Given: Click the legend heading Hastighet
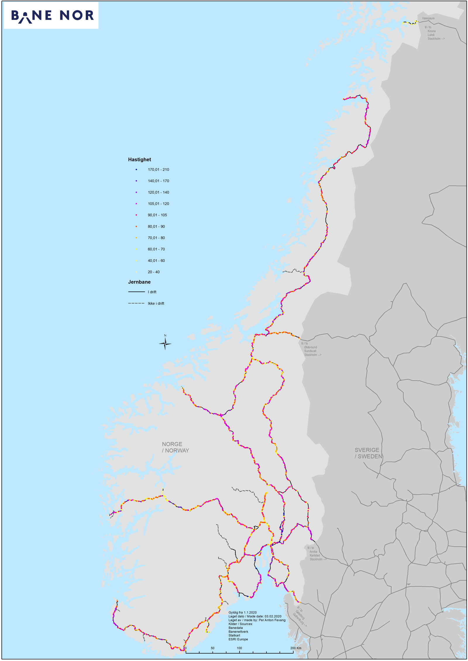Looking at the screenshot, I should (140, 160).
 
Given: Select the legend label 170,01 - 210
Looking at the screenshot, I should (158, 170).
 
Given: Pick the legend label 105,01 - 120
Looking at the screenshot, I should (158, 204).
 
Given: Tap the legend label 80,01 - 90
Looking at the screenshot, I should (156, 227).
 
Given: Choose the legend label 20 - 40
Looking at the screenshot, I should (154, 272).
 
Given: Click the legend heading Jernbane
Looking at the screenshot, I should (139, 282).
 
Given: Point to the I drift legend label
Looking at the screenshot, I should (152, 292).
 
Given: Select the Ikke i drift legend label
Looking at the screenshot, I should (156, 303).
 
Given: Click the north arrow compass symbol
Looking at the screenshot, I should (165, 343).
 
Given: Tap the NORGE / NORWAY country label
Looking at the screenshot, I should (175, 447).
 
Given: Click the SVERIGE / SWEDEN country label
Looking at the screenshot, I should (368, 453).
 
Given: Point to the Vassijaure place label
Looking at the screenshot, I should (428, 18).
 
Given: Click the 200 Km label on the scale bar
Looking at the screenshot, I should (296, 648).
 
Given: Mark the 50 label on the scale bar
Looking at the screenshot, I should (213, 648).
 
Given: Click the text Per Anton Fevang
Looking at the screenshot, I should (272, 620).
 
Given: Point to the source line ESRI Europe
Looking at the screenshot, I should (238, 639).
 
